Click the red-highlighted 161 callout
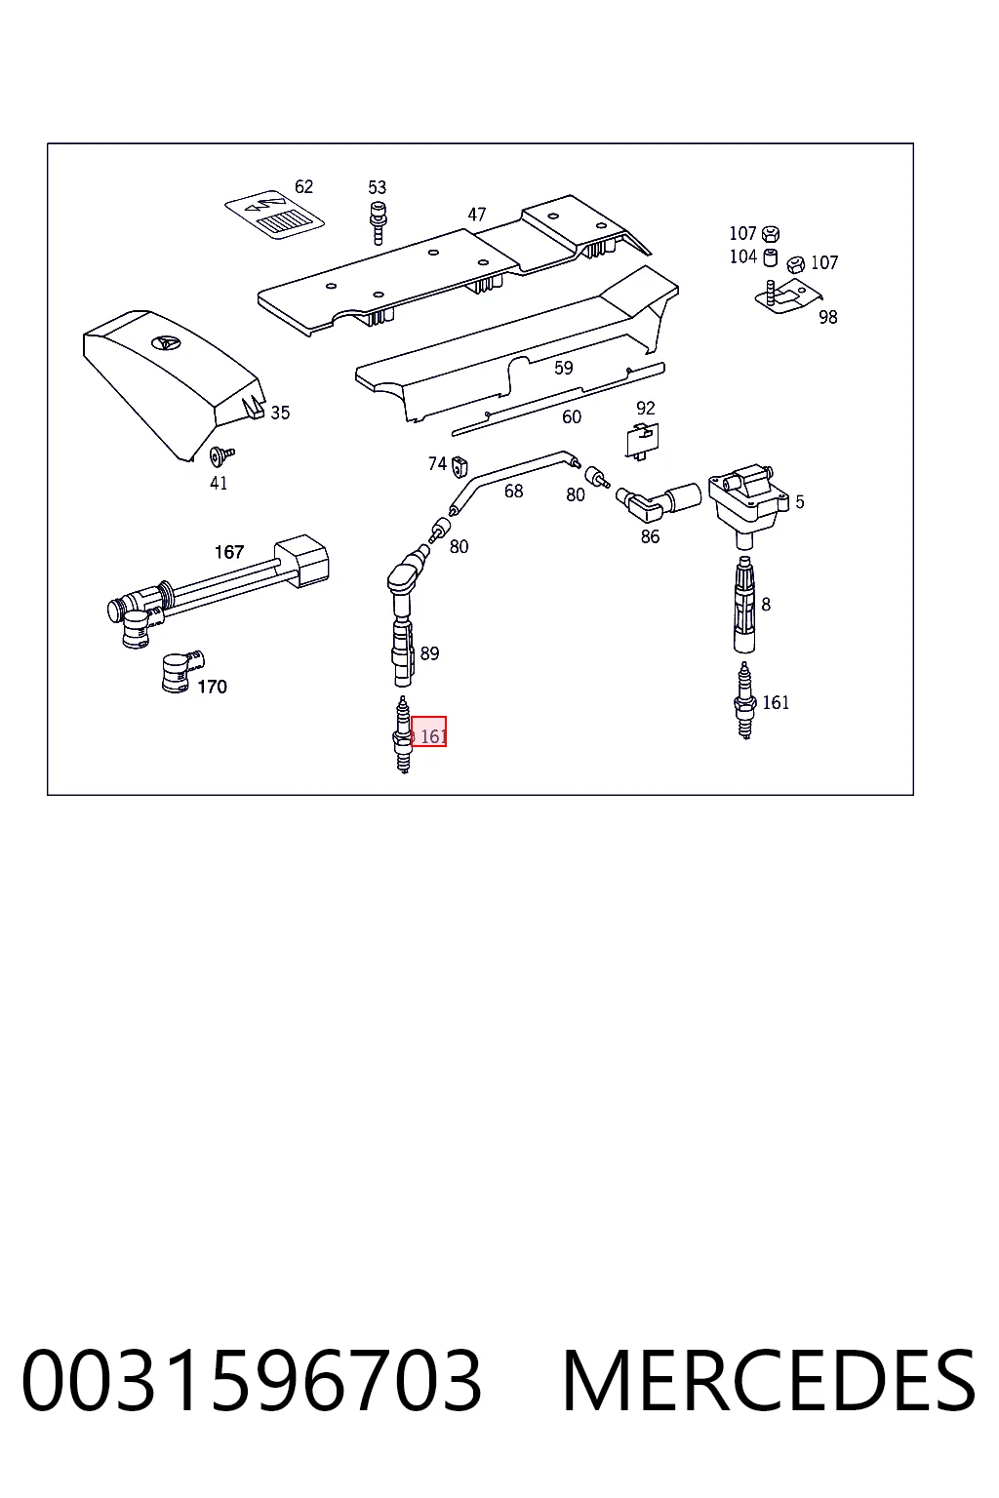(x=429, y=731)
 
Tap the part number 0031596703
(x=252, y=1381)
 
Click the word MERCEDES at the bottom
(x=769, y=1381)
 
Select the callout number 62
(x=303, y=186)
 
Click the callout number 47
(x=476, y=215)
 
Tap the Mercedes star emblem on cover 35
(x=165, y=342)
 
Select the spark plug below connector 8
(x=744, y=701)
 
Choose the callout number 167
(x=229, y=552)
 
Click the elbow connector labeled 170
(x=182, y=672)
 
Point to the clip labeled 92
(x=642, y=441)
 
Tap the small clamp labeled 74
(x=460, y=467)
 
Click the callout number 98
(x=827, y=317)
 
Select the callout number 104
(x=742, y=256)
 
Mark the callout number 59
(x=564, y=368)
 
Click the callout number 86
(x=650, y=536)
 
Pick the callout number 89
(x=429, y=653)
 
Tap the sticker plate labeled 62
(x=274, y=216)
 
